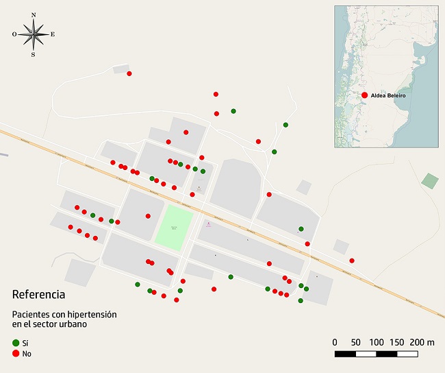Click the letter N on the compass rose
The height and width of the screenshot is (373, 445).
tap(33, 14)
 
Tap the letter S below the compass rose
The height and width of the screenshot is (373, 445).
tap(33, 55)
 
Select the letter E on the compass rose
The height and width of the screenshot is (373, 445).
tap(53, 34)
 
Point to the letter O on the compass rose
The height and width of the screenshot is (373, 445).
tap(14, 34)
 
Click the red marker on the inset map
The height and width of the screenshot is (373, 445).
tap(365, 95)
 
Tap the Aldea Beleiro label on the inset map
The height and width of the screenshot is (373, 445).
tap(388, 95)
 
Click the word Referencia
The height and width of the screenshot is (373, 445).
tap(38, 295)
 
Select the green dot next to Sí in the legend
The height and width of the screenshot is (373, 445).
tap(16, 342)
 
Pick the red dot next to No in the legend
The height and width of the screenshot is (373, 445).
tap(16, 353)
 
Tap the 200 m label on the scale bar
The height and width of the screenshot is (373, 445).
tap(421, 342)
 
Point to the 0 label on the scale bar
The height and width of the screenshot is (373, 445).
tap(335, 342)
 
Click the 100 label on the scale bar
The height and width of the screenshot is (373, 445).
tap(377, 342)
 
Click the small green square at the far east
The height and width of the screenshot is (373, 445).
tap(429, 181)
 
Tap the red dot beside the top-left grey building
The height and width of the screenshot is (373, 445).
tap(129, 73)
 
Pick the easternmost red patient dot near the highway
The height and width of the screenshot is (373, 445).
tap(352, 261)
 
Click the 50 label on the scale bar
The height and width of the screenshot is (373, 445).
tap(355, 342)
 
